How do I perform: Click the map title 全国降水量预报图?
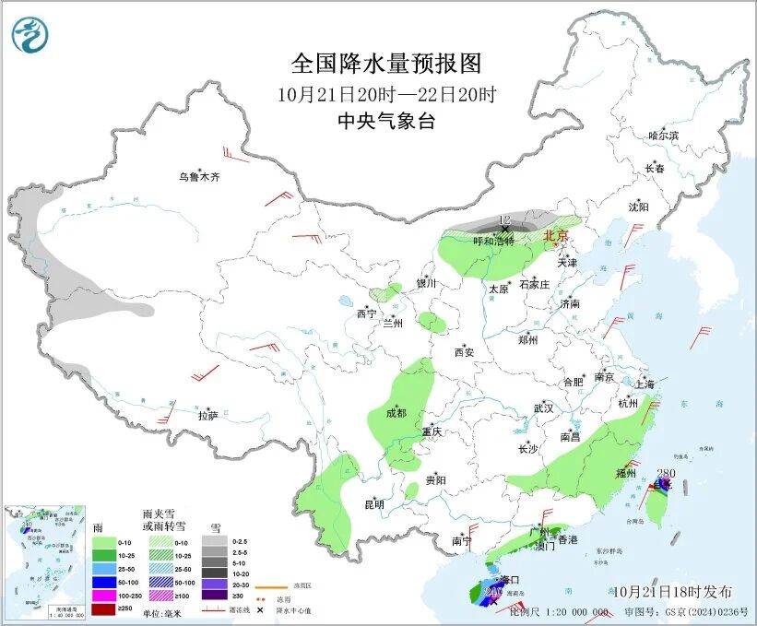pos(386,64)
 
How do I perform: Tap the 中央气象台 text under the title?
pos(386,121)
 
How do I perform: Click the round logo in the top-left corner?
pos(28,35)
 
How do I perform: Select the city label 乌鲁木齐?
pos(200,177)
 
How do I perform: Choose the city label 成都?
pos(396,413)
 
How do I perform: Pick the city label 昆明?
pos(373,504)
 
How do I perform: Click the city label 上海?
pos(649,384)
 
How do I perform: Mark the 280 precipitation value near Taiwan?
pos(662,474)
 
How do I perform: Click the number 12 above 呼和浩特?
pos(503,219)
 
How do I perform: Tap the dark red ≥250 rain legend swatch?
pos(103,608)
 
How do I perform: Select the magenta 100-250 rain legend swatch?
pos(103,594)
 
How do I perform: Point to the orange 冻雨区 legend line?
pos(269,586)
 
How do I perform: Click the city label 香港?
pos(566,539)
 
